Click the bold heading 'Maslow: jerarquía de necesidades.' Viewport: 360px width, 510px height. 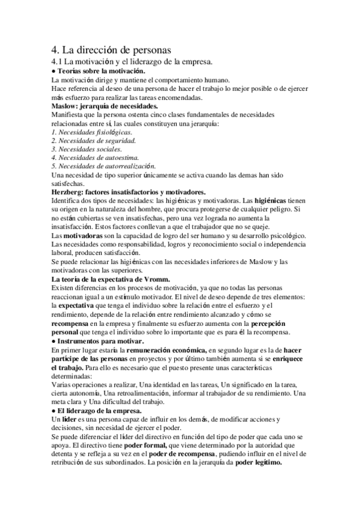pyautogui.click(x=105, y=105)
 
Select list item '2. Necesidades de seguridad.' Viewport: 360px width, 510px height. pyautogui.click(x=93, y=140)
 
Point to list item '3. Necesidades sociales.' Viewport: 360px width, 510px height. pyautogui.click(x=87, y=149)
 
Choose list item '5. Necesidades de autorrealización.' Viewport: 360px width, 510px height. pyautogui.click(x=103, y=166)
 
